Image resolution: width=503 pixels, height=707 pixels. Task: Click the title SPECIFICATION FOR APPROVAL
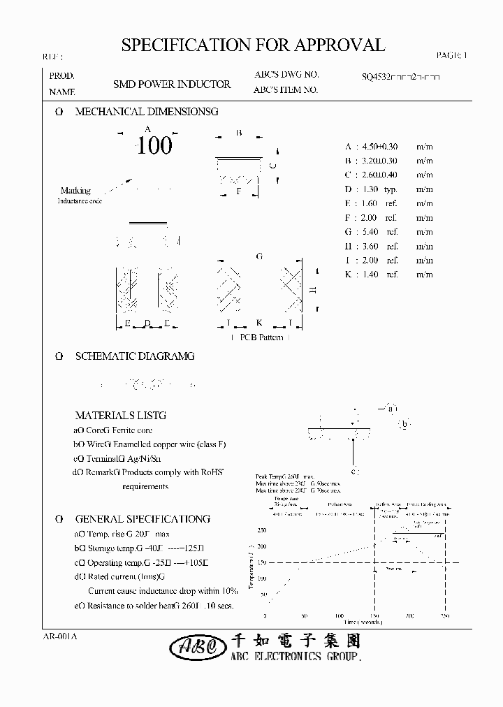point(253,46)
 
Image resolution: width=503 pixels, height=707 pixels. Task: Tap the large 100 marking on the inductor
point(154,145)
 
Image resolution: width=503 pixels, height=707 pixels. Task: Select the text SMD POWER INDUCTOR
point(172,84)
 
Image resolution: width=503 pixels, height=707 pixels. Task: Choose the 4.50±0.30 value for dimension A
point(380,147)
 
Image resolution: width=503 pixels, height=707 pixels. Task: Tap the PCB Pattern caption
point(261,337)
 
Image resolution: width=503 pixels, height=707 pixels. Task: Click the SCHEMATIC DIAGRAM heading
point(134,356)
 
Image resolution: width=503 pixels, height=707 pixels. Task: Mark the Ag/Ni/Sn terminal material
point(145,458)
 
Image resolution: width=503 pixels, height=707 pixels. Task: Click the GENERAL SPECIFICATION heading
point(142,519)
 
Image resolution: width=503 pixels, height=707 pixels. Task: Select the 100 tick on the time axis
point(339,616)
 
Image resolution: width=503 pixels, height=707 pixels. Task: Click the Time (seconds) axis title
point(363,622)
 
